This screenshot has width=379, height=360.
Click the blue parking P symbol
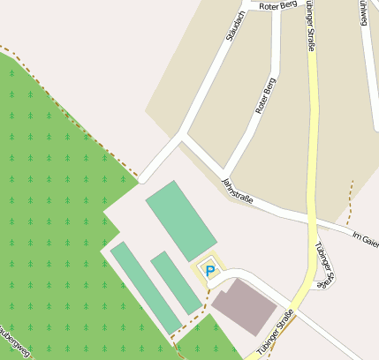209,271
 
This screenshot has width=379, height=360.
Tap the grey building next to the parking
243,307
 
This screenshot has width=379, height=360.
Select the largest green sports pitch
180,221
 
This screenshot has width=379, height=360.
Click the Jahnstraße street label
237,191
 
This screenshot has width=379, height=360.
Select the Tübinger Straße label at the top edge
310,22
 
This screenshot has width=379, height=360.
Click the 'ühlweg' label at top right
363,12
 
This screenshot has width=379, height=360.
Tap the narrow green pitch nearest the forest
146,288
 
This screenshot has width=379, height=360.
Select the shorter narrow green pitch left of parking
176,281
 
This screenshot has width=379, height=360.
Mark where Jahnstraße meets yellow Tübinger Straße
314,217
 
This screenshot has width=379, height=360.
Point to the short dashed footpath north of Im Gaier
350,201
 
